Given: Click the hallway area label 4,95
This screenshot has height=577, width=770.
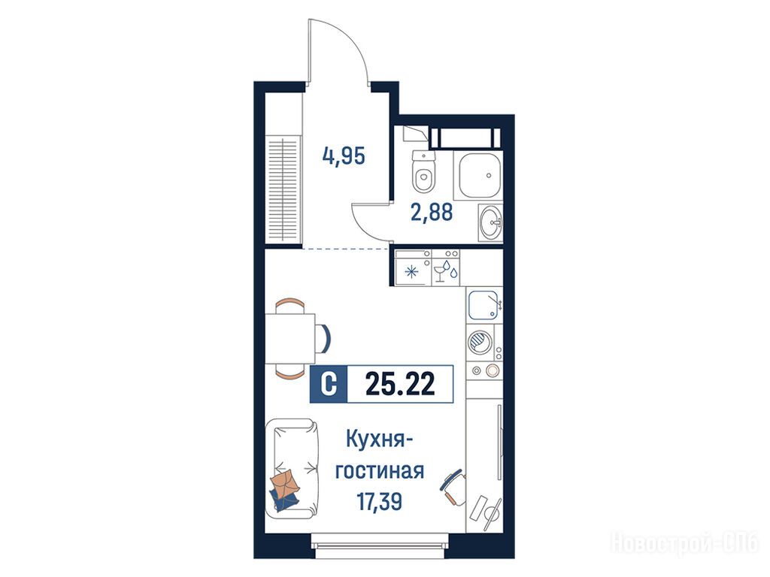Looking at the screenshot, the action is (344, 156).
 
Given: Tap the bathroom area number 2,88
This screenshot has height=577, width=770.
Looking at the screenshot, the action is (432, 213).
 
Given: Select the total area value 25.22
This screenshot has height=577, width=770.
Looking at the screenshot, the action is (400, 384).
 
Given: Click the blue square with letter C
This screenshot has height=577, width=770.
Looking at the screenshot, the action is (329, 384).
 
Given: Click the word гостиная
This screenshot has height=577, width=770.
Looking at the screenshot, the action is (380, 471).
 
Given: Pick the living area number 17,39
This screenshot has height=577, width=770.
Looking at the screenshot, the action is (380, 501).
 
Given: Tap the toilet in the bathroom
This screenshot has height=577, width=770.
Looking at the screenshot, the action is (424, 172).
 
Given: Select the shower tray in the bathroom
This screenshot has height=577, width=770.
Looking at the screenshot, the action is (477, 175).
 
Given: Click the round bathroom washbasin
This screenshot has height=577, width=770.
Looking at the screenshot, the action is (491, 223).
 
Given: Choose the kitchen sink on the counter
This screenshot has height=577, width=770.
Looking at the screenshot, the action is (484, 305).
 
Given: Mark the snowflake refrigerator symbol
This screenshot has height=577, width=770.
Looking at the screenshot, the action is (411, 272).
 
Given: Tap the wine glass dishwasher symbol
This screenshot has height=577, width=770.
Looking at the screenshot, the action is (445, 270).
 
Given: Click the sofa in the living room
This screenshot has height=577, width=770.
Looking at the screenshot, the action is (292, 469).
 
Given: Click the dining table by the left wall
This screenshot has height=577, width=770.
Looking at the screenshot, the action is (290, 339).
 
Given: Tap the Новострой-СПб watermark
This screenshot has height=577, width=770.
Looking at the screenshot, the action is (684, 543).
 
